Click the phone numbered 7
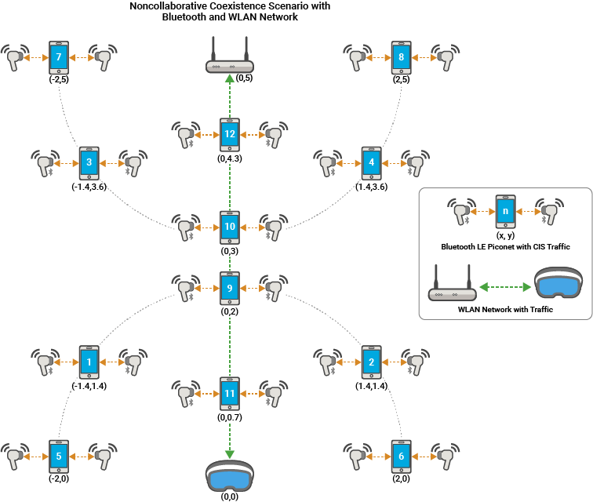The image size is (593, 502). [x=58, y=57]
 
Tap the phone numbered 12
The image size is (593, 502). [x=229, y=134]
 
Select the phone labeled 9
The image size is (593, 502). [x=229, y=288]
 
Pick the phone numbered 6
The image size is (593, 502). [x=401, y=456]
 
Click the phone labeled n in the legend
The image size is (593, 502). [x=505, y=212]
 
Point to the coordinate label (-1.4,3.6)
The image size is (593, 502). [x=89, y=187]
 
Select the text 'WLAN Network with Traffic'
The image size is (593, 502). [x=505, y=310]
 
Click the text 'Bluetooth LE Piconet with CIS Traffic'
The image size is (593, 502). [x=505, y=246]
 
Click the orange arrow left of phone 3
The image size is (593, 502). [x=64, y=164]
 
